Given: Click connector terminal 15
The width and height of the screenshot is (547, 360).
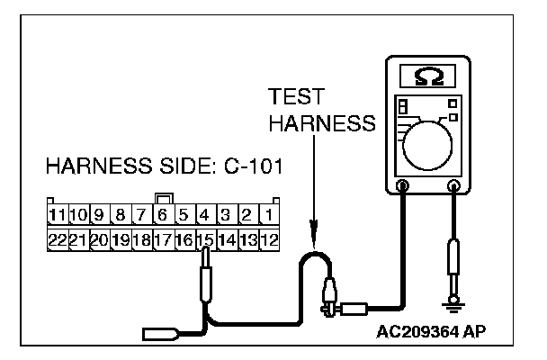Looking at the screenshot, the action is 206,239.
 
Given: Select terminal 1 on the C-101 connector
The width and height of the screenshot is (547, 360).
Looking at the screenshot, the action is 269,214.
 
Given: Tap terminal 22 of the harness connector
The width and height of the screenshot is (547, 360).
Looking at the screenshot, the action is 58,239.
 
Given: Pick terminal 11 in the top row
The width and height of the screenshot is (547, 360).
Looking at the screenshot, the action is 58,214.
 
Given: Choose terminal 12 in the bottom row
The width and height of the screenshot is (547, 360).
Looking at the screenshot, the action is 269,239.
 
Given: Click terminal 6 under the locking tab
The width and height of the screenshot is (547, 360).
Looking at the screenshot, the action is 164,214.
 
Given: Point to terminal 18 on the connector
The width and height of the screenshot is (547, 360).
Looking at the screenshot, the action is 142,239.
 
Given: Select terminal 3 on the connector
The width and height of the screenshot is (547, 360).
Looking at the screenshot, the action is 227,214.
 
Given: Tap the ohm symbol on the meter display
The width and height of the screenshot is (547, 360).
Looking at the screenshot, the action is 429,76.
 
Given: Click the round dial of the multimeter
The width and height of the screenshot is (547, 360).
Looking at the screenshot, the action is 427,146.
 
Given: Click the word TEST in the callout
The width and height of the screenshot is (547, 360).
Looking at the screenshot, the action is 296,96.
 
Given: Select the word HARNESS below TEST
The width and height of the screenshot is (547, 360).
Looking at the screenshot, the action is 322,122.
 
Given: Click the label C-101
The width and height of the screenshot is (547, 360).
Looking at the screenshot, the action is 254,166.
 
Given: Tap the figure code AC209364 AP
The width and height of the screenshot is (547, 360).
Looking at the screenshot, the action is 431,331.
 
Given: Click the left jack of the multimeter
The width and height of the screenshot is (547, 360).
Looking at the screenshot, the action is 402,186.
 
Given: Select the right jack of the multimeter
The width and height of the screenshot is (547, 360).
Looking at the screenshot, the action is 453,186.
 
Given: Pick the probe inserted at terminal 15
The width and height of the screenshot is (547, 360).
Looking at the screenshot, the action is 206,274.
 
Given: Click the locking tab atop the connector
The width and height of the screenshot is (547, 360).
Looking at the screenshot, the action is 164,199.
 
